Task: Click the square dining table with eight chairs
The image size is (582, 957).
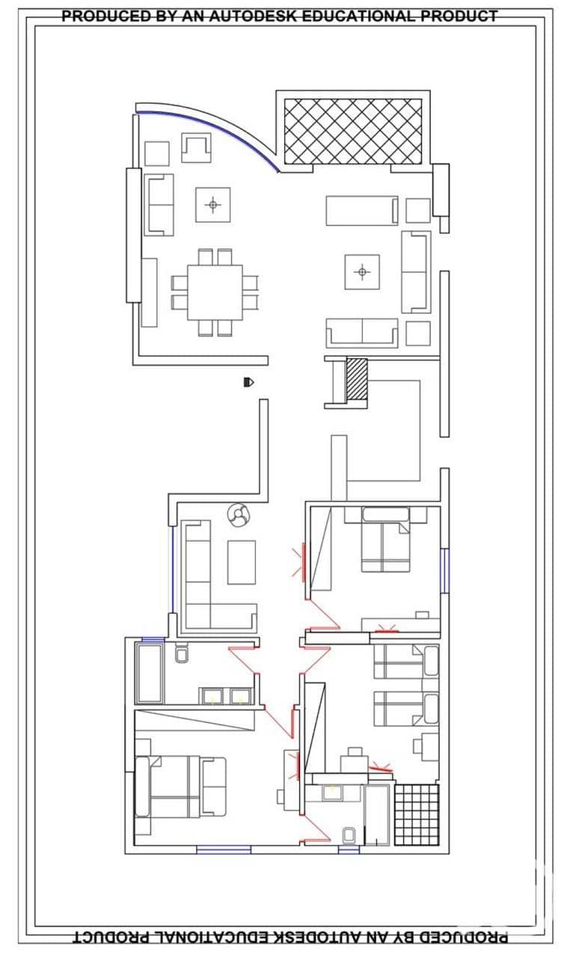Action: tap(215, 292)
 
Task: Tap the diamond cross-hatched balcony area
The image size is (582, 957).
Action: tap(353, 131)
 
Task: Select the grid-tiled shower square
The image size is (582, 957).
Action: tap(416, 815)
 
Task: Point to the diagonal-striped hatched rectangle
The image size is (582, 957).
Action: tap(356, 379)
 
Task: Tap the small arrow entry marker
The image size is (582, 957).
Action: tap(248, 382)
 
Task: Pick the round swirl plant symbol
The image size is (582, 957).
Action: tap(239, 515)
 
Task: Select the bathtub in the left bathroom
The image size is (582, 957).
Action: tap(150, 674)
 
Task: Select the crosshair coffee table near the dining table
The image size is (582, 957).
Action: tap(212, 205)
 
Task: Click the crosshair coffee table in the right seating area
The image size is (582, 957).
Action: tap(362, 271)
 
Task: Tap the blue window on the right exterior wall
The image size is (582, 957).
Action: tap(445, 570)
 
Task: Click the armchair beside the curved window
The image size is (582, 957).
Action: tap(196, 147)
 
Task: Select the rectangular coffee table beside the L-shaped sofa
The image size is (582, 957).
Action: tap(242, 562)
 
